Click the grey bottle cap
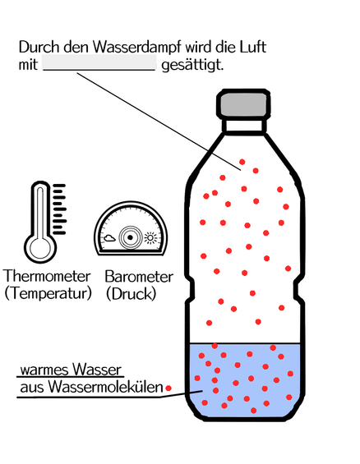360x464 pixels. tap(243, 103)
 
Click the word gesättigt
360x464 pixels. tap(192, 65)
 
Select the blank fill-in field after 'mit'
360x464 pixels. tap(99, 62)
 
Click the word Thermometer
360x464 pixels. tap(47, 276)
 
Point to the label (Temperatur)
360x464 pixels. tap(48, 293)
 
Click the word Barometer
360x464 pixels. tap(139, 277)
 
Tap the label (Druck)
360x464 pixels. tap(132, 294)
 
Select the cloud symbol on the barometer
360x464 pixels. tap(109, 237)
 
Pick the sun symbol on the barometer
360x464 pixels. tap(150, 238)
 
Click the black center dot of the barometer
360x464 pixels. tap(130, 237)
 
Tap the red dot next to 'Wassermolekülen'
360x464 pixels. tap(168, 388)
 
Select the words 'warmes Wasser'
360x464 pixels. tap(71, 370)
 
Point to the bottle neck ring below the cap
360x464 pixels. tap(244, 126)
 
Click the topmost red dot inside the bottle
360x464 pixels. tap(242, 162)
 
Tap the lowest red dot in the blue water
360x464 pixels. tap(253, 411)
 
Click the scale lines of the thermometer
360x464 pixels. tap(59, 209)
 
